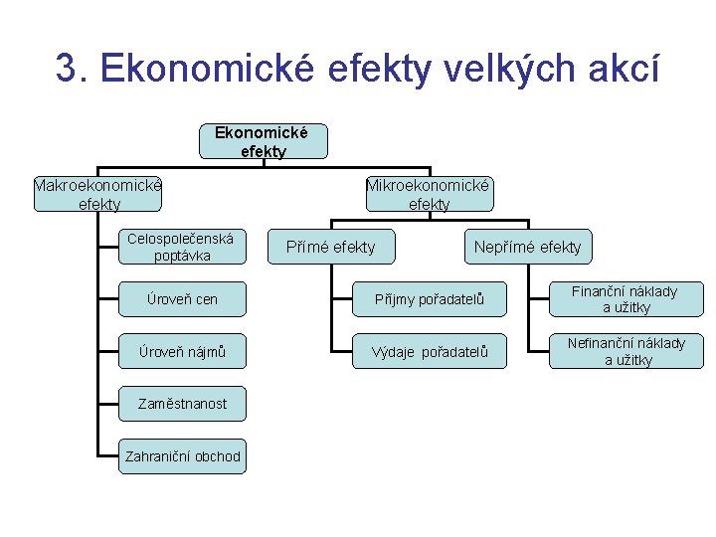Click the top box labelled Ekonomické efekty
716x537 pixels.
(263, 141)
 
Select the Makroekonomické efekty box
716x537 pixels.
(97, 194)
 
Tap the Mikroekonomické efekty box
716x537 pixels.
(429, 194)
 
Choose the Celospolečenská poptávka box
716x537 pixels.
(180, 247)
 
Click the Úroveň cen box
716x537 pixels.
(180, 299)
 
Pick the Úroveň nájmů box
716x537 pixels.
(180, 351)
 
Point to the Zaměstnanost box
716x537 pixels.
(180, 404)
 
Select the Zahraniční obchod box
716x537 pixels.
(182, 456)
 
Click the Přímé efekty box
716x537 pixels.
(330, 247)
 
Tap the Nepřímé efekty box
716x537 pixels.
(527, 247)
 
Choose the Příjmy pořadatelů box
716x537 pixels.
(430, 299)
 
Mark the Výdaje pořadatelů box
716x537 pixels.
(430, 352)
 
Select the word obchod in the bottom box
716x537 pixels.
(213, 456)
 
